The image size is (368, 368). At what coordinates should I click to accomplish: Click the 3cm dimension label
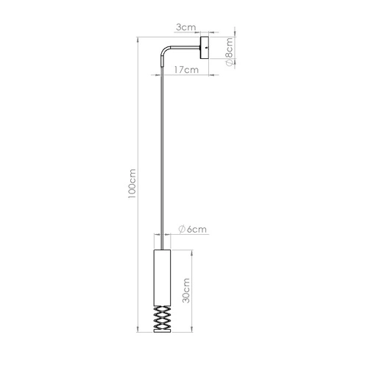(186, 27)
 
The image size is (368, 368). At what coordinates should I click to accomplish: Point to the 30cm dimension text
(187, 291)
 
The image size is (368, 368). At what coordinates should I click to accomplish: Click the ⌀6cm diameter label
(191, 230)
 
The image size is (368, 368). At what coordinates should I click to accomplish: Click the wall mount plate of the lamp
(205, 50)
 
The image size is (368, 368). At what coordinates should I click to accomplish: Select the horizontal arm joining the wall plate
(186, 50)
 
